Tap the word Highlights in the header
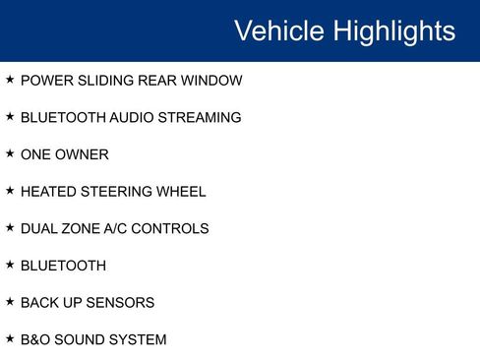point(393,30)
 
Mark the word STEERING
point(117,192)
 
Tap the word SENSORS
point(120,303)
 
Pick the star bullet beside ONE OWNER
point(10,153)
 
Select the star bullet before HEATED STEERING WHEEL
point(10,191)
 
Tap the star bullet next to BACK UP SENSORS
point(10,302)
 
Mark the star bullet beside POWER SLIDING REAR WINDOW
point(10,80)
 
